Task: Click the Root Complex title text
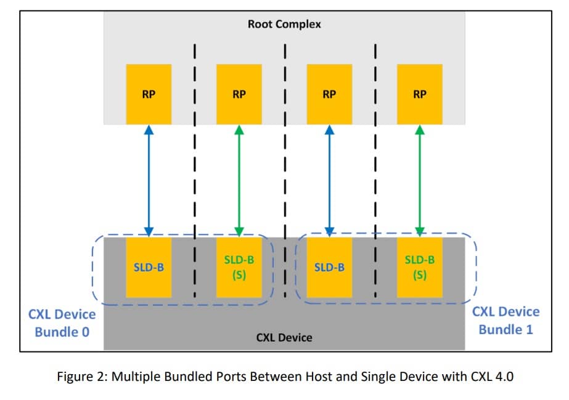tap(284, 24)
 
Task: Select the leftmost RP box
tap(149, 94)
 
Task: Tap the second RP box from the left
tap(239, 94)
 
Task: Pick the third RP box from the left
tap(329, 94)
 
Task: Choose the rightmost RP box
tap(420, 94)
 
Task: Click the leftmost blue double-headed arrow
tap(149, 181)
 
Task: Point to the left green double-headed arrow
tap(239, 181)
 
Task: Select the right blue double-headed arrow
tap(329, 181)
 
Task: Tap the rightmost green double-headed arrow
tap(420, 181)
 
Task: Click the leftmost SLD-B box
tap(149, 268)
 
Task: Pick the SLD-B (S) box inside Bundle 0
tap(239, 268)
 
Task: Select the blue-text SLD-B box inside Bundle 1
tap(329, 268)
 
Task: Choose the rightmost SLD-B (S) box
tap(420, 268)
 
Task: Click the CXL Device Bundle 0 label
tap(62, 323)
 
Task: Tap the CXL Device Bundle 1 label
tap(506, 321)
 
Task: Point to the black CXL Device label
tap(284, 338)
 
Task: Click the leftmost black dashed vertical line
tap(195, 170)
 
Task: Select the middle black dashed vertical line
tap(285, 170)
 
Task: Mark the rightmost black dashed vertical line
tap(375, 170)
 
